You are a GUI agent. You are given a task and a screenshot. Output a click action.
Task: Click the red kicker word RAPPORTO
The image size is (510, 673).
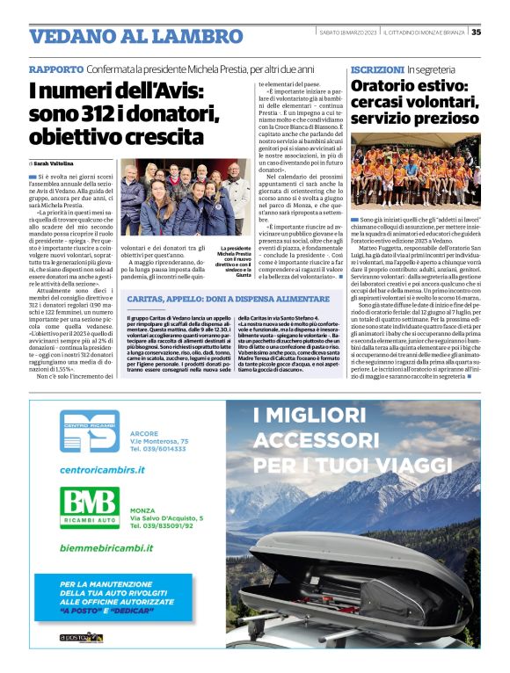(x=56, y=69)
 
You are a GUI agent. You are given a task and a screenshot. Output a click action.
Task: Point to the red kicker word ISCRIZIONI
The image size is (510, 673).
(x=377, y=69)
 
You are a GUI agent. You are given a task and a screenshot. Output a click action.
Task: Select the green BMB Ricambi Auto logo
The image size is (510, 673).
(x=89, y=504)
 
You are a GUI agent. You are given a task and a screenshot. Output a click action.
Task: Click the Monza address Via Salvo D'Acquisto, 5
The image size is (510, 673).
(x=166, y=518)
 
